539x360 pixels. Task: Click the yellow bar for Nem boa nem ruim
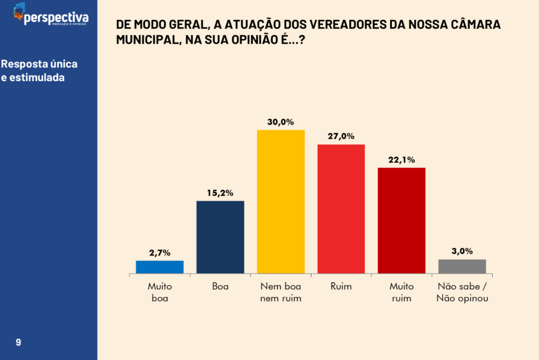click(x=281, y=202)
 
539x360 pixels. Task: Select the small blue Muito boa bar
click(x=160, y=267)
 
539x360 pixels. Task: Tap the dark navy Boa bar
click(x=220, y=237)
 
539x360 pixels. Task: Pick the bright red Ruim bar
click(x=341, y=209)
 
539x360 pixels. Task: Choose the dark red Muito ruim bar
click(x=402, y=221)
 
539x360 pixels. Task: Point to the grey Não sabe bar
click(x=462, y=267)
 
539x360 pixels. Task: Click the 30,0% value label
click(x=281, y=122)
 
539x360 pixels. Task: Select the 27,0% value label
click(x=341, y=136)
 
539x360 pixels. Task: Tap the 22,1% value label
click(x=402, y=160)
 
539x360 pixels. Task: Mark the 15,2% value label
click(x=220, y=193)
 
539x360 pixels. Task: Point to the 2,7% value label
click(x=160, y=252)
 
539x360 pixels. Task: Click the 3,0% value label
click(x=462, y=251)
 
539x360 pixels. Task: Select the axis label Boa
click(x=220, y=287)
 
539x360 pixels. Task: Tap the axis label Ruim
click(x=341, y=287)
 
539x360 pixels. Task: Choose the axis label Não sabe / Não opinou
click(x=462, y=292)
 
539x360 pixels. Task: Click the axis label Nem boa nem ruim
click(x=281, y=292)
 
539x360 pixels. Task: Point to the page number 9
click(x=19, y=342)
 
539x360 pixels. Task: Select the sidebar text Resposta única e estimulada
click(x=39, y=71)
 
